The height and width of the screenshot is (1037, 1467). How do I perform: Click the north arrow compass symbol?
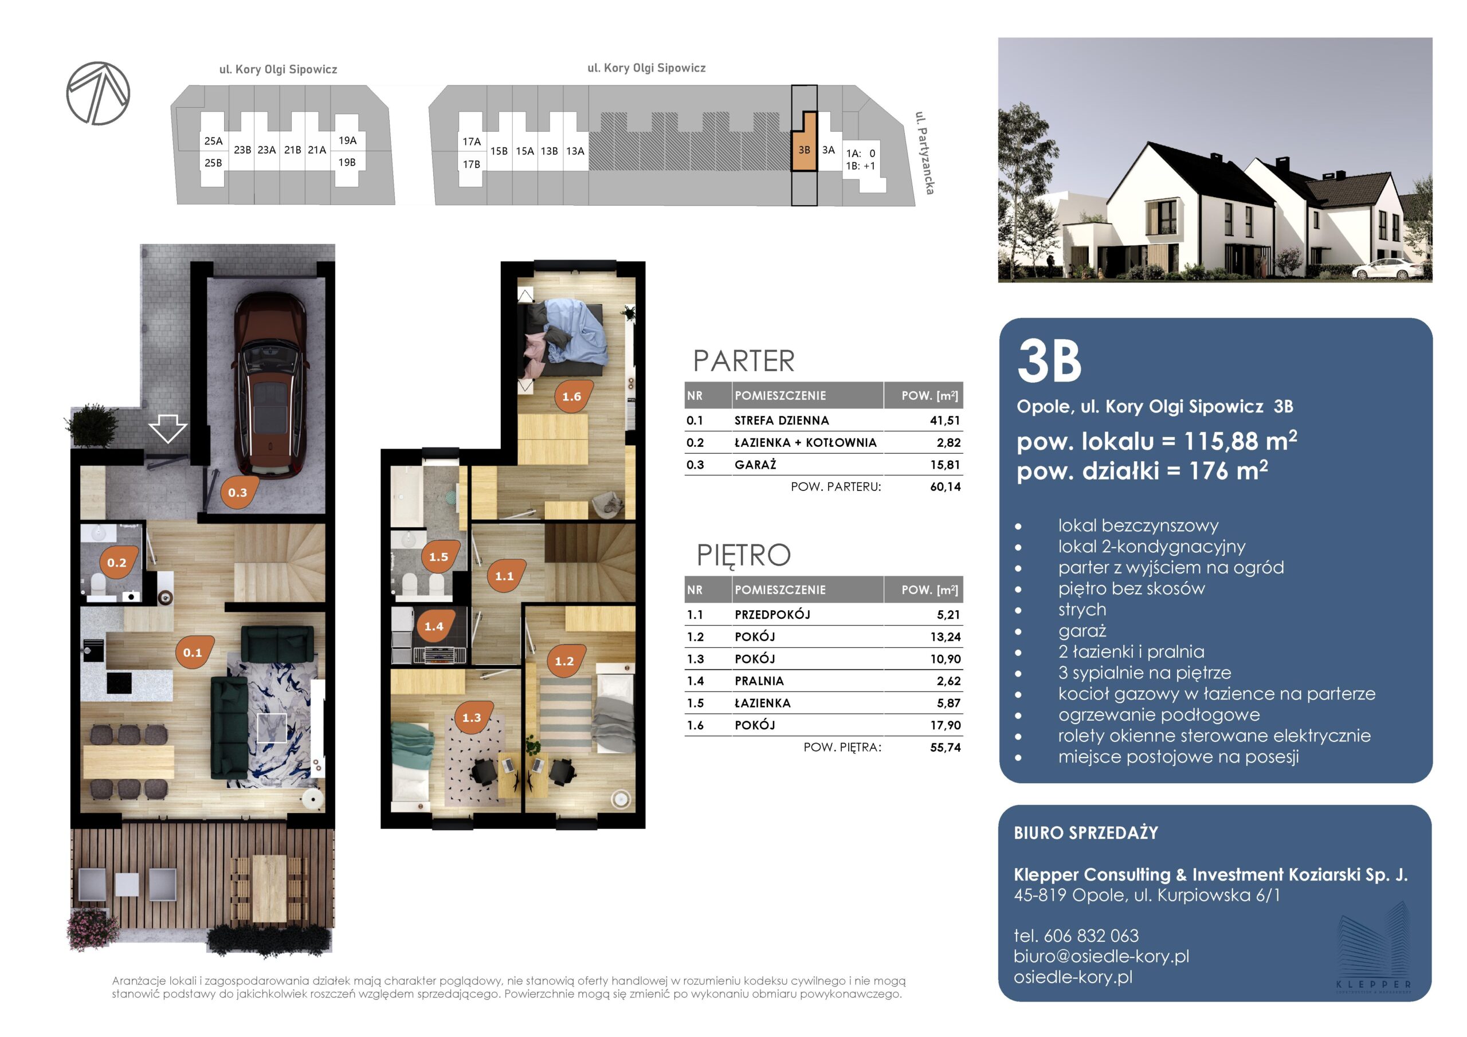click(99, 93)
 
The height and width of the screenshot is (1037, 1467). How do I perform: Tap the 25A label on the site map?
click(213, 141)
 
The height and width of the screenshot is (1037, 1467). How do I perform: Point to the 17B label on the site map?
click(472, 164)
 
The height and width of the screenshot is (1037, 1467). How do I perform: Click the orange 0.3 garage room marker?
click(238, 493)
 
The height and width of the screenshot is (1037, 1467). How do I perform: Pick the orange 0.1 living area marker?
click(193, 653)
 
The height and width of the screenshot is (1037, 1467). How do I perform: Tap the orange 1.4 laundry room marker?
click(434, 626)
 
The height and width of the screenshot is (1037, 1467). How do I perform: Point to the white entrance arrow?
click(168, 428)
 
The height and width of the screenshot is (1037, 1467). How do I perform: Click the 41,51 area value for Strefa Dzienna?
click(945, 421)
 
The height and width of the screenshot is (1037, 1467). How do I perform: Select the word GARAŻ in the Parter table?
click(755, 465)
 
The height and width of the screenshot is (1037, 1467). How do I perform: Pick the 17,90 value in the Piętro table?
click(946, 725)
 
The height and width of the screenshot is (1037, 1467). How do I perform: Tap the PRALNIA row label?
click(759, 681)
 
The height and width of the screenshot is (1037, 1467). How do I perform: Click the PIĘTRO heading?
click(744, 555)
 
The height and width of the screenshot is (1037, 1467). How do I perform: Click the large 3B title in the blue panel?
click(1049, 361)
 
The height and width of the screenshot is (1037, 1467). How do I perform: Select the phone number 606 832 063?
click(1091, 936)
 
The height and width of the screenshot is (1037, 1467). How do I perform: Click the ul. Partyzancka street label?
click(924, 153)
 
